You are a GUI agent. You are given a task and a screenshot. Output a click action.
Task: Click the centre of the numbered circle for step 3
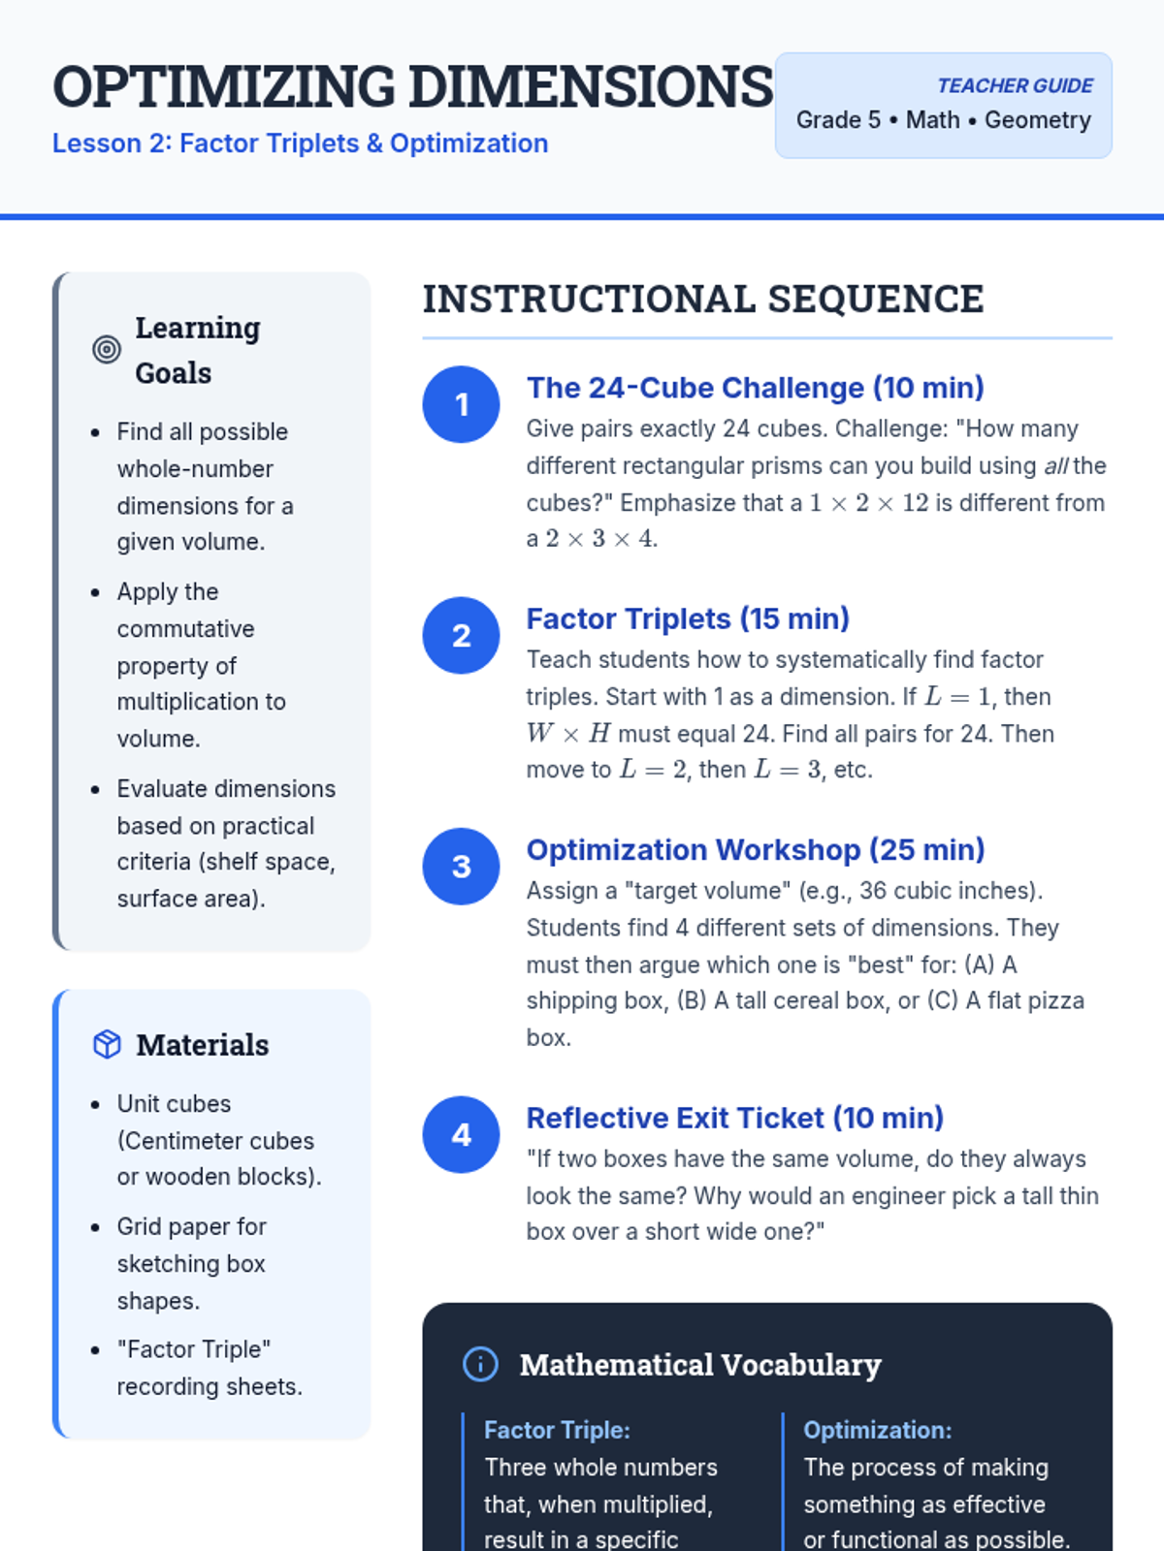[x=461, y=867]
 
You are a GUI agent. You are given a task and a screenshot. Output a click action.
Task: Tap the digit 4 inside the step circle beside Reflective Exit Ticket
[x=462, y=1135]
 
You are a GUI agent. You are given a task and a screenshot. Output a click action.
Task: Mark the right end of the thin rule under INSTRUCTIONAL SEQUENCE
[x=1113, y=338]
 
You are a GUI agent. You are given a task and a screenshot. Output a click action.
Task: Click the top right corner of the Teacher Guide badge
[x=1113, y=53]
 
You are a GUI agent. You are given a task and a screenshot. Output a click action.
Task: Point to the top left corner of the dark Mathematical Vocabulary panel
[x=423, y=1304]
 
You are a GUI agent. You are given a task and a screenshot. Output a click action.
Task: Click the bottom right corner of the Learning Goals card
[x=371, y=950]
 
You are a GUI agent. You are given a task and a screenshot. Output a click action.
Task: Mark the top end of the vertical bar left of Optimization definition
[x=783, y=1412]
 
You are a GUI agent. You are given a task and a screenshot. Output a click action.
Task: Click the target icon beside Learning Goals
[x=107, y=349]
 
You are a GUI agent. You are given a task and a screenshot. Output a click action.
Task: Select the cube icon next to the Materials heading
[x=107, y=1044]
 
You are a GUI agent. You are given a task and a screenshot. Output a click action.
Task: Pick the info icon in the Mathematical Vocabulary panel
[x=480, y=1364]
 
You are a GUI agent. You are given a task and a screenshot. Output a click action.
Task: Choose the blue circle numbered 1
[x=461, y=404]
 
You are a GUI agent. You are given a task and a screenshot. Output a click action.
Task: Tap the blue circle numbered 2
[x=461, y=635]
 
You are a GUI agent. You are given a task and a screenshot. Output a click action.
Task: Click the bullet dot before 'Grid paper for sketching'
[x=95, y=1227]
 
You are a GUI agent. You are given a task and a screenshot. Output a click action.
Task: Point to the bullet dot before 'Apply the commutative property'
[x=95, y=592]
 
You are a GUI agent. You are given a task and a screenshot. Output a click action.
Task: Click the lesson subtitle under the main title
[x=301, y=143]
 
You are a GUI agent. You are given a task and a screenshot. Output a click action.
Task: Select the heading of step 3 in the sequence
[x=756, y=849]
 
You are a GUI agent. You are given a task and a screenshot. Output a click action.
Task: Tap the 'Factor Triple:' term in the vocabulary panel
[x=557, y=1430]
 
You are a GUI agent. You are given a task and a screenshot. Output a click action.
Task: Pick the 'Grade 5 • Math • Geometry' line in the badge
[x=944, y=120]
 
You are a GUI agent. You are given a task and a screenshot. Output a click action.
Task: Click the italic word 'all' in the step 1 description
[x=1056, y=465]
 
